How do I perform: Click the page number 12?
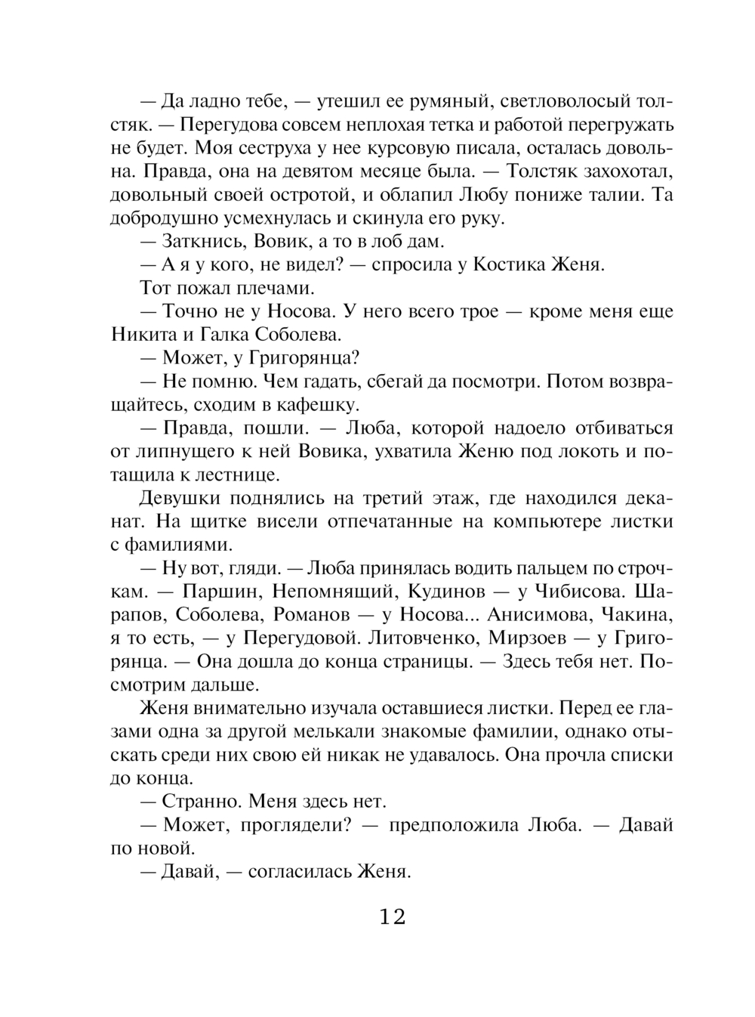(393, 917)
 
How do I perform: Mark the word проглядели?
(285, 825)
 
